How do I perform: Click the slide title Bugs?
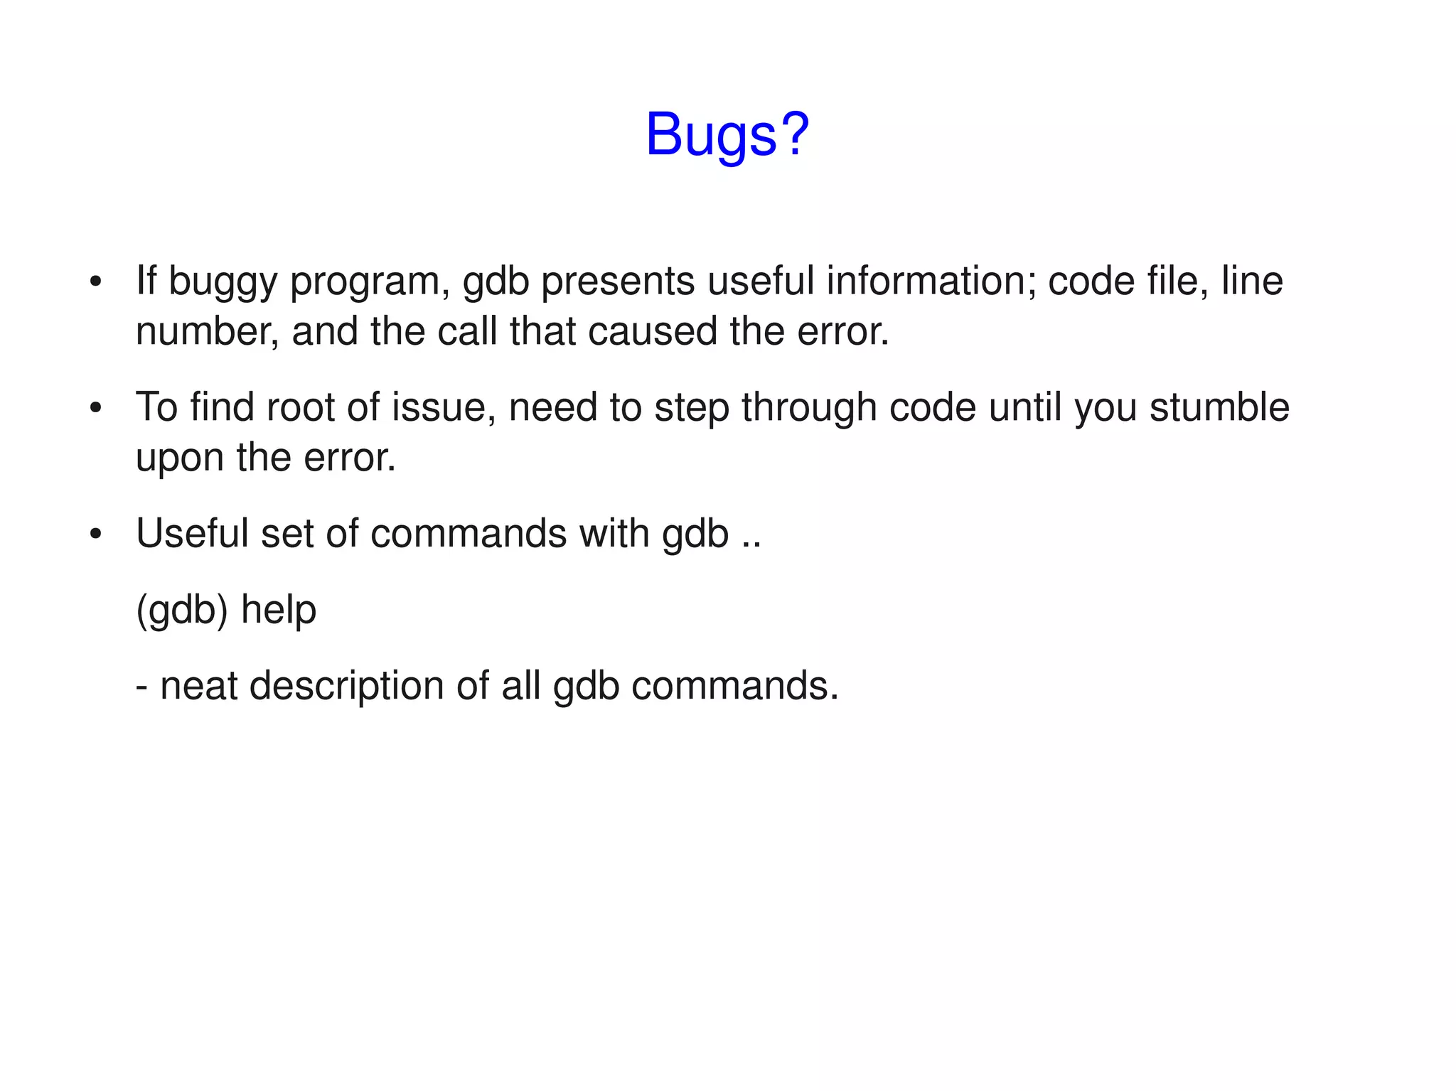(x=727, y=134)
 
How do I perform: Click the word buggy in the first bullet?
(x=223, y=282)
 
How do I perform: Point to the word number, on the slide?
(x=207, y=331)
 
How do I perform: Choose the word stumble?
(x=1219, y=407)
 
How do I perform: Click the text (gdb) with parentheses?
(x=181, y=610)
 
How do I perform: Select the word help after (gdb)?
(x=279, y=610)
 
